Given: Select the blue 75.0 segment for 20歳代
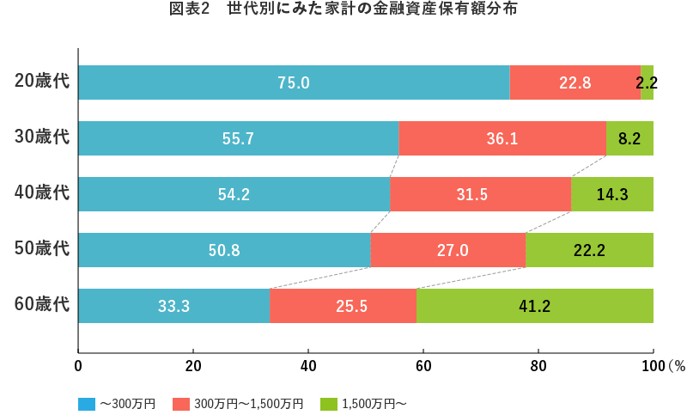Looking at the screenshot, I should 294,82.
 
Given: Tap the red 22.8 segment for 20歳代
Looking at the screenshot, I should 575,82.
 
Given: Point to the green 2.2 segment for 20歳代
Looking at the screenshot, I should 647,82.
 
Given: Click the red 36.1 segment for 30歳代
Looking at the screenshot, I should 502,138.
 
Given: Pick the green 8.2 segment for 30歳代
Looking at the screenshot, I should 629,138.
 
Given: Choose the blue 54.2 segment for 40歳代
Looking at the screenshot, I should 234,194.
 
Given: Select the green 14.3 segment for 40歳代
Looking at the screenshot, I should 612,194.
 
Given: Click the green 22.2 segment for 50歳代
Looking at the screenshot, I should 589,250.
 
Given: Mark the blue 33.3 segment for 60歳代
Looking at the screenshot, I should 173,306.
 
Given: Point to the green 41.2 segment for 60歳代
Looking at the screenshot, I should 534,306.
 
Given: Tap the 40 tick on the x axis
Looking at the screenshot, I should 308,365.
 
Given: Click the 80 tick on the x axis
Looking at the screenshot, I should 538,365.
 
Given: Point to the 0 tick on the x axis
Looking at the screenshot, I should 78,365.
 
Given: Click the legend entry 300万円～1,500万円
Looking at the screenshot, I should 248,403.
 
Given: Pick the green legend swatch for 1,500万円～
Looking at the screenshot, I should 328,403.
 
